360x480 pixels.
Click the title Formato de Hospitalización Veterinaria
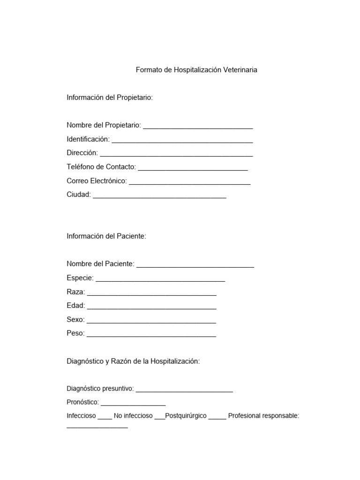[x=196, y=70]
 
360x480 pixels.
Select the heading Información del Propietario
[x=110, y=97]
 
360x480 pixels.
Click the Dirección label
[x=82, y=153]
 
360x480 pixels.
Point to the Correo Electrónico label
[x=97, y=181]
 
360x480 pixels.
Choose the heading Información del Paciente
[x=106, y=236]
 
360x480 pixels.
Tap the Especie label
[x=80, y=278]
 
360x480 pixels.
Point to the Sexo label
[x=75, y=320]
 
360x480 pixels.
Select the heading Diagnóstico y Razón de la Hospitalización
[x=133, y=361]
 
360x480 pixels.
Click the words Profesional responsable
[x=263, y=416]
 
